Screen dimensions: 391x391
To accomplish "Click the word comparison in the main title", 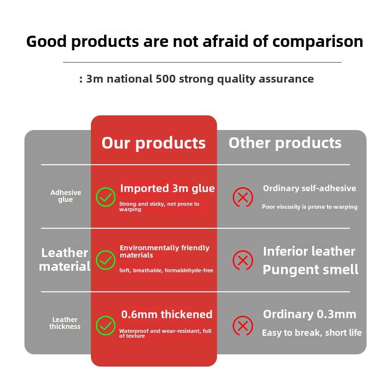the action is coord(318,42).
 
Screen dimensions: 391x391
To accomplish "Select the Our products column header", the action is coord(153,143).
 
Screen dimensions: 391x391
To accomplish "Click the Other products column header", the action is coord(285,143).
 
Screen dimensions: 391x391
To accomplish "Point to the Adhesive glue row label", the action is coord(65,196).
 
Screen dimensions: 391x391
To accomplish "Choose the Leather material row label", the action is coord(65,260).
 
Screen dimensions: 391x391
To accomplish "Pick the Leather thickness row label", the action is coord(65,323).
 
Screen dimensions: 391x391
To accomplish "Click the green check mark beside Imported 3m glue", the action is coord(106,197).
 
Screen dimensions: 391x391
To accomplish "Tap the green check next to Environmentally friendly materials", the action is coord(106,260).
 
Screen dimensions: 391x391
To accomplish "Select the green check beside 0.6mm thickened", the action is coord(106,326).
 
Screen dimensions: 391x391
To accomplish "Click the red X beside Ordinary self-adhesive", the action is coord(242,197).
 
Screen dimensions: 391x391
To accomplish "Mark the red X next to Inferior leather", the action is coord(242,260).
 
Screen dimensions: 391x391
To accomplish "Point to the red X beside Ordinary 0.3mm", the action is coord(242,326).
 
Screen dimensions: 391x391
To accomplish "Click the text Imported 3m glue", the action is coord(167,189).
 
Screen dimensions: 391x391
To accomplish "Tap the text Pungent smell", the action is coord(310,270).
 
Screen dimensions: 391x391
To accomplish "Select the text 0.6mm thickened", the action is coord(167,314).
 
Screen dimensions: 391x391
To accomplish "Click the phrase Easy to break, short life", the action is coord(312,333).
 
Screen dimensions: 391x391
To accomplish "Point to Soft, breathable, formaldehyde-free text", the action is coord(166,270).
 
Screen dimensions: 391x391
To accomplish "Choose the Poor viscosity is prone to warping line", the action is coord(309,207).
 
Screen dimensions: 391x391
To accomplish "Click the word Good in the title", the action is coord(46,42).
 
